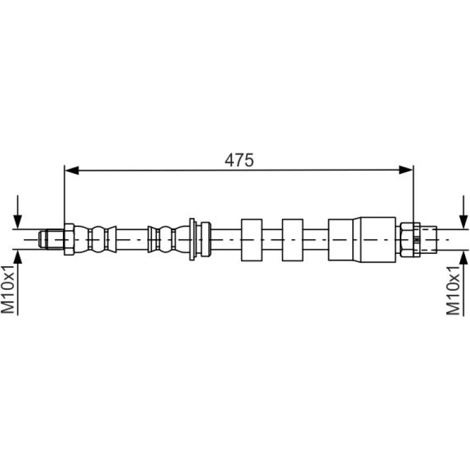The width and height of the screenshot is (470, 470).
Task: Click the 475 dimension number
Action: (x=239, y=160)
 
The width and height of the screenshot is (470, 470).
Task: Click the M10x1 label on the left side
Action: (x=8, y=289)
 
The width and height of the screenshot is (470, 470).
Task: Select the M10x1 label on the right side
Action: (x=453, y=290)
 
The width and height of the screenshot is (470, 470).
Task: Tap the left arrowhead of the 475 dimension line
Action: (x=72, y=170)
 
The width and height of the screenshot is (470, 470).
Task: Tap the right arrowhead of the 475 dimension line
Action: (x=406, y=170)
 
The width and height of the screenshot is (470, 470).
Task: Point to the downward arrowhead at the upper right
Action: (x=464, y=222)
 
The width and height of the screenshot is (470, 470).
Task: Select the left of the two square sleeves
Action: (x=251, y=240)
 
